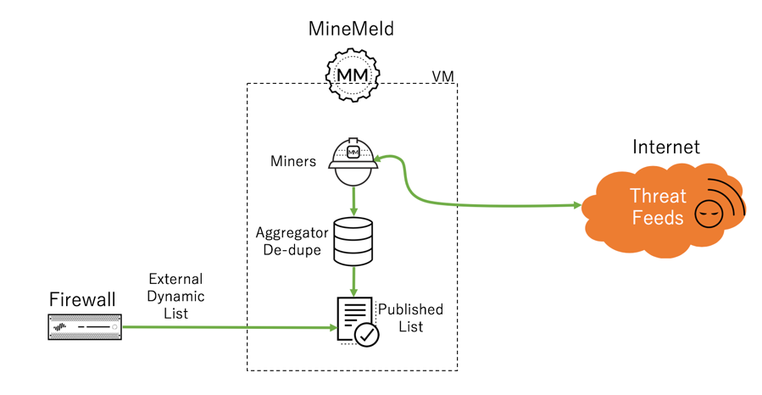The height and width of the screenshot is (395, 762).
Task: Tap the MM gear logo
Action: click(352, 75)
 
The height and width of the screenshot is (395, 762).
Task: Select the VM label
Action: click(443, 76)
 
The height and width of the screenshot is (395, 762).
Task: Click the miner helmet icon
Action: click(353, 162)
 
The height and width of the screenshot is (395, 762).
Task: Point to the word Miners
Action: click(294, 161)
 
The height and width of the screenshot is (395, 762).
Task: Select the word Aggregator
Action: click(291, 232)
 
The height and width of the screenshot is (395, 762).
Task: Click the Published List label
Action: click(411, 318)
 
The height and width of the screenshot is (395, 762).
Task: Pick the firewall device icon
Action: click(84, 326)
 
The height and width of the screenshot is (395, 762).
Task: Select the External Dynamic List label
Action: click(175, 296)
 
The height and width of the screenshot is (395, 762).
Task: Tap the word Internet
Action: click(666, 147)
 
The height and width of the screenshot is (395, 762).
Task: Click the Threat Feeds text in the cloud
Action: click(657, 207)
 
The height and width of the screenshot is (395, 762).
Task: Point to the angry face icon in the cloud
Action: click(708, 214)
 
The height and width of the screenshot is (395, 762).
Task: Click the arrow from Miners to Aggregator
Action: click(353, 202)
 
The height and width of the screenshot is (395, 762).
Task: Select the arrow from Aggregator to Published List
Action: click(353, 280)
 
